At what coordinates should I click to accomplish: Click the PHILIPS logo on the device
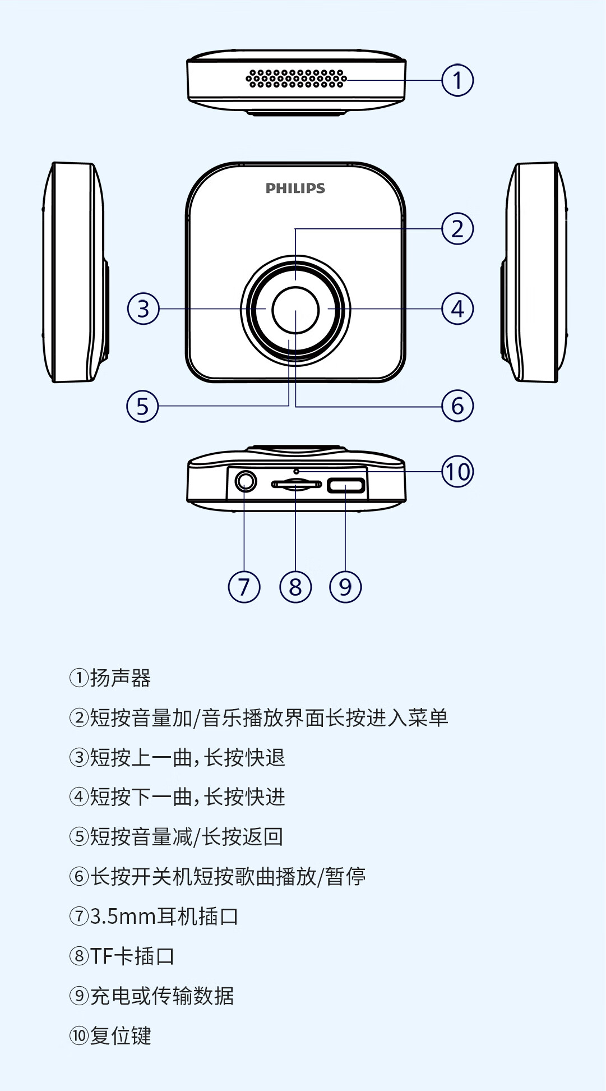295,188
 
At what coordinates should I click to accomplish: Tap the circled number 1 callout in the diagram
457,80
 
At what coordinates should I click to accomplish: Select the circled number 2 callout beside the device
457,229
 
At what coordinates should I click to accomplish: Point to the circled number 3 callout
144,309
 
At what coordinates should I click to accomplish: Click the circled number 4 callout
457,309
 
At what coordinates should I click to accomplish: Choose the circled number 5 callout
143,406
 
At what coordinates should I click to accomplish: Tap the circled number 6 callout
457,406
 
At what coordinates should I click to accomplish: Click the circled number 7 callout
244,587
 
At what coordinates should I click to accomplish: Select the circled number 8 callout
295,587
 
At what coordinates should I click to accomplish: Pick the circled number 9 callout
345,587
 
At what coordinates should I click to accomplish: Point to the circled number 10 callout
457,472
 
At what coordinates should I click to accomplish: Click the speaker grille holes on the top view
296,79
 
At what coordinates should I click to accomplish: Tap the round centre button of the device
295,310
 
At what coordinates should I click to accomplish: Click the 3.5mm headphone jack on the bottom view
245,481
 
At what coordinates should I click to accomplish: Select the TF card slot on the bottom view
296,484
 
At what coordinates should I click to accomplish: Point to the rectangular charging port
346,485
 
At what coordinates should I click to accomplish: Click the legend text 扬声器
120,678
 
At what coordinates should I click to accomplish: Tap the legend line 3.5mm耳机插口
164,917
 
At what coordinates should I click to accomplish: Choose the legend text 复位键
120,1036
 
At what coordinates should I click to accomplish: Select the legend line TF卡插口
132,956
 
